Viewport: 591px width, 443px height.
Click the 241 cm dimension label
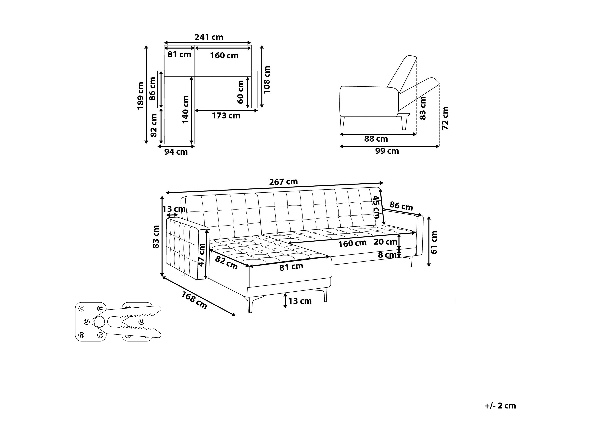pos(209,37)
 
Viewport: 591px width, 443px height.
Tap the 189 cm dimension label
pos(141,96)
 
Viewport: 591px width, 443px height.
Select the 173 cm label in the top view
pos(226,116)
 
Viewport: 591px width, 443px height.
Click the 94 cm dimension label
pos(176,152)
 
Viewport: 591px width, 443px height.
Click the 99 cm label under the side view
pos(387,151)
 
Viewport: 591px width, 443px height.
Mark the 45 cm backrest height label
pos(376,207)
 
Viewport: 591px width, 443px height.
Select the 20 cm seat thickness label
pos(385,242)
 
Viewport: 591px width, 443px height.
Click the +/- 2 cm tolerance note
pos(500,406)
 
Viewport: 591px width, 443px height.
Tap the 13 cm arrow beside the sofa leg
pos(285,301)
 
